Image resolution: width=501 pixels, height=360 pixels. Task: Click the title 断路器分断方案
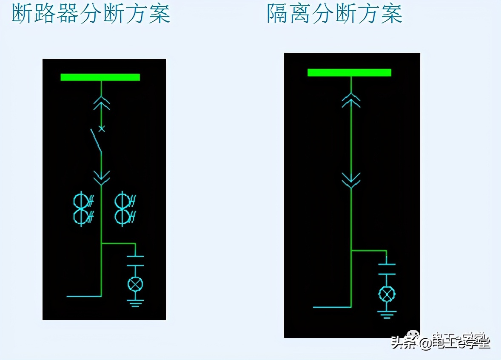point(91,14)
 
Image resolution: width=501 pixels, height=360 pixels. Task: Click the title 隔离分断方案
point(335,14)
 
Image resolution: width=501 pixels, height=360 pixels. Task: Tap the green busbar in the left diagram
point(100,77)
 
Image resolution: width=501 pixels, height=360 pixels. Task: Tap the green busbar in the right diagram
point(349,72)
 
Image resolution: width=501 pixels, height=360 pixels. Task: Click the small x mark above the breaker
point(101,128)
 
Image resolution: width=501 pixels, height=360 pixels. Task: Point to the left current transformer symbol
point(83,208)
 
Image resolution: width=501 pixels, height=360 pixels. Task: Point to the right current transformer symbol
point(125,208)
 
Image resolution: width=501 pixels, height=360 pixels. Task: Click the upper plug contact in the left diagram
point(101,103)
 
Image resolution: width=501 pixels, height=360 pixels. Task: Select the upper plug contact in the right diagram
point(351,100)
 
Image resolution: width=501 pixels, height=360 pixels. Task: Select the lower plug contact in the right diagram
point(351,180)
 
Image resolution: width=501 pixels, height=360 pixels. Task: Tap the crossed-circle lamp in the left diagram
point(135,284)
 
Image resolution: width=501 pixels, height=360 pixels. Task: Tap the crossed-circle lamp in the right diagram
point(387,294)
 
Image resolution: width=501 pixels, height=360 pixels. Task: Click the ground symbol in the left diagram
point(135,303)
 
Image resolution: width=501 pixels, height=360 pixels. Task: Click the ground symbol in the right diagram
point(387,314)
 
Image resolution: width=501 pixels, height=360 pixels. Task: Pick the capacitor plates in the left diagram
point(135,260)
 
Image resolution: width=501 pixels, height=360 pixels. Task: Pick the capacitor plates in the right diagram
point(387,269)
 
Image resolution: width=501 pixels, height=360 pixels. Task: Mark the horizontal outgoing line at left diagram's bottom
point(84,296)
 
